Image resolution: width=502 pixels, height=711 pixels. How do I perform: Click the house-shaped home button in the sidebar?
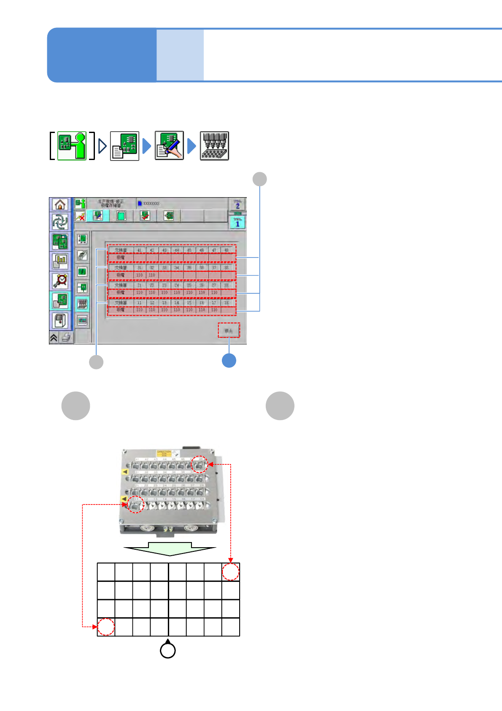(60, 205)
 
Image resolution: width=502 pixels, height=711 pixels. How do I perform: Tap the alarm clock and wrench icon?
(60, 280)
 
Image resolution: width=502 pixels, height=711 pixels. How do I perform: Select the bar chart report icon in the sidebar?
(60, 261)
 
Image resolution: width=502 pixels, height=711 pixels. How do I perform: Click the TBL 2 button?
(237, 204)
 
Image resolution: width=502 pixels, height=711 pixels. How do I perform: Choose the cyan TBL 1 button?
(237, 222)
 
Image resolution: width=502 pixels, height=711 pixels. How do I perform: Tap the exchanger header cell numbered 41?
(139, 250)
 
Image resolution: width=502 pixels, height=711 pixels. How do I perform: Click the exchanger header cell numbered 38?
(227, 268)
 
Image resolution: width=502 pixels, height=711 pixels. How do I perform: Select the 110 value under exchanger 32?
(152, 275)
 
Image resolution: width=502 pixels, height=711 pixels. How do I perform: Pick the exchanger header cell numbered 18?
(227, 303)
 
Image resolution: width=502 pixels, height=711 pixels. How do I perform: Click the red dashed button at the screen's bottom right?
(229, 331)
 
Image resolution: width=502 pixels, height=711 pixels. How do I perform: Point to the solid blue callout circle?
(229, 361)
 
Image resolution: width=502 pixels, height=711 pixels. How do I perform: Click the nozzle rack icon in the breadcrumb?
(214, 146)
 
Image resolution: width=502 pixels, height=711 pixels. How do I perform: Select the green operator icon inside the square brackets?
(72, 146)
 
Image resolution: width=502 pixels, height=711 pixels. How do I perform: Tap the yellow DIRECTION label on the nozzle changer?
(164, 453)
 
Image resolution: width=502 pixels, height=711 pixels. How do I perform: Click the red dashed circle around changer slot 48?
(200, 464)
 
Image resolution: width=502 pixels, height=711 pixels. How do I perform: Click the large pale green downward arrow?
(170, 548)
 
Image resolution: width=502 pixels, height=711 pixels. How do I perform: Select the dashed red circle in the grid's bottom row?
(106, 627)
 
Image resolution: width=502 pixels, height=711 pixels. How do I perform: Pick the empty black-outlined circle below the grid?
(168, 650)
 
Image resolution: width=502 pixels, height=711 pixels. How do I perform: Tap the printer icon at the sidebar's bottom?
(66, 337)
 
